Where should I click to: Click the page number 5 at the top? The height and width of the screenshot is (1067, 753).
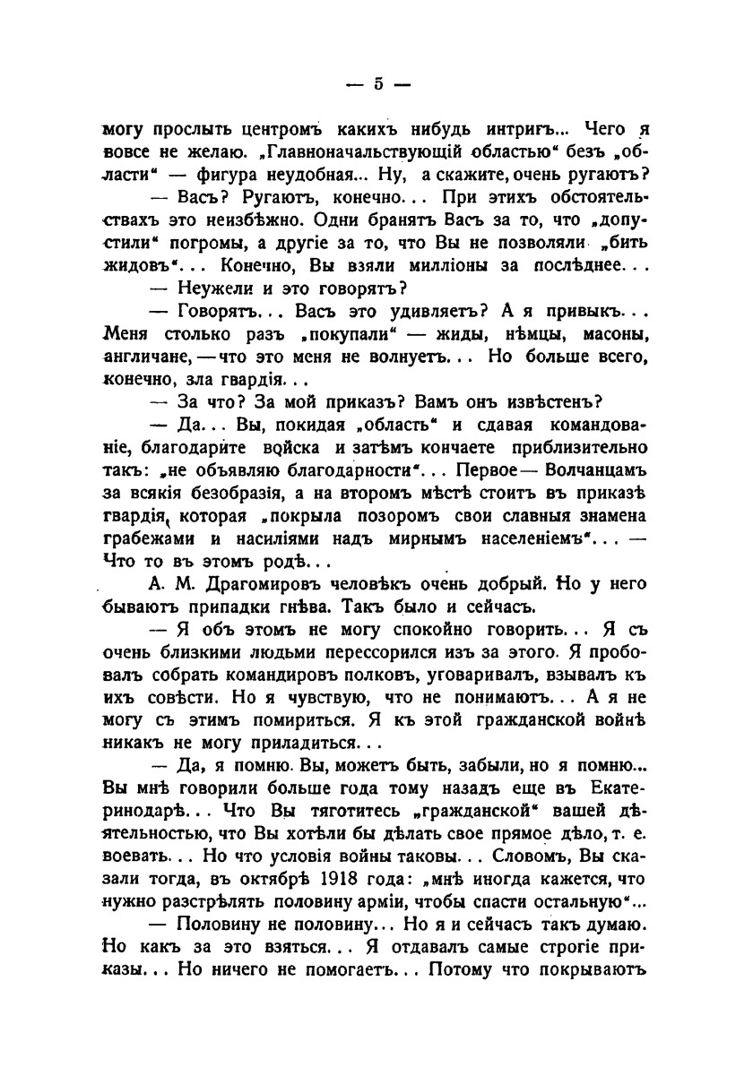(x=377, y=84)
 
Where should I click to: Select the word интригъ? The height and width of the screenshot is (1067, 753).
(x=506, y=128)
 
